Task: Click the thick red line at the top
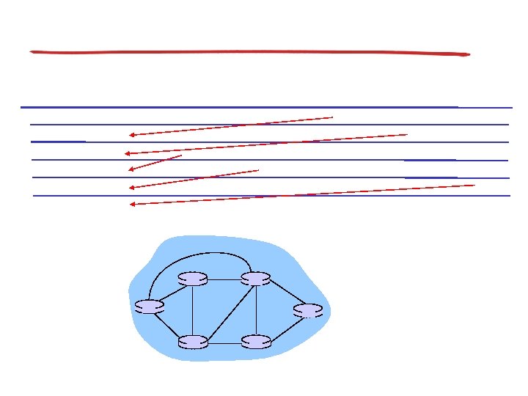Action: click(249, 52)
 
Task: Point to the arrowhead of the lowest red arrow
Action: click(132, 205)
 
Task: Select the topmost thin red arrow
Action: click(231, 125)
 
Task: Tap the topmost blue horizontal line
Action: click(242, 107)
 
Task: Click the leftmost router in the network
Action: click(150, 307)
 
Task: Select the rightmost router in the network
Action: click(308, 310)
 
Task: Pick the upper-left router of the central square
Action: click(193, 279)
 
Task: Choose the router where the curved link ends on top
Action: click(256, 279)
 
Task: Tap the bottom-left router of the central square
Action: click(193, 342)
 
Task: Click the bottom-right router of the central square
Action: click(256, 342)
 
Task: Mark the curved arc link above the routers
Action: click(198, 254)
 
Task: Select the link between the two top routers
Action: click(224, 279)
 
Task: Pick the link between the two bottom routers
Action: click(224, 342)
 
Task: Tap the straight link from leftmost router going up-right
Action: click(171, 293)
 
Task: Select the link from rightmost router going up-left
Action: click(282, 294)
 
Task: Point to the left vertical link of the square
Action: click(193, 310)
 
